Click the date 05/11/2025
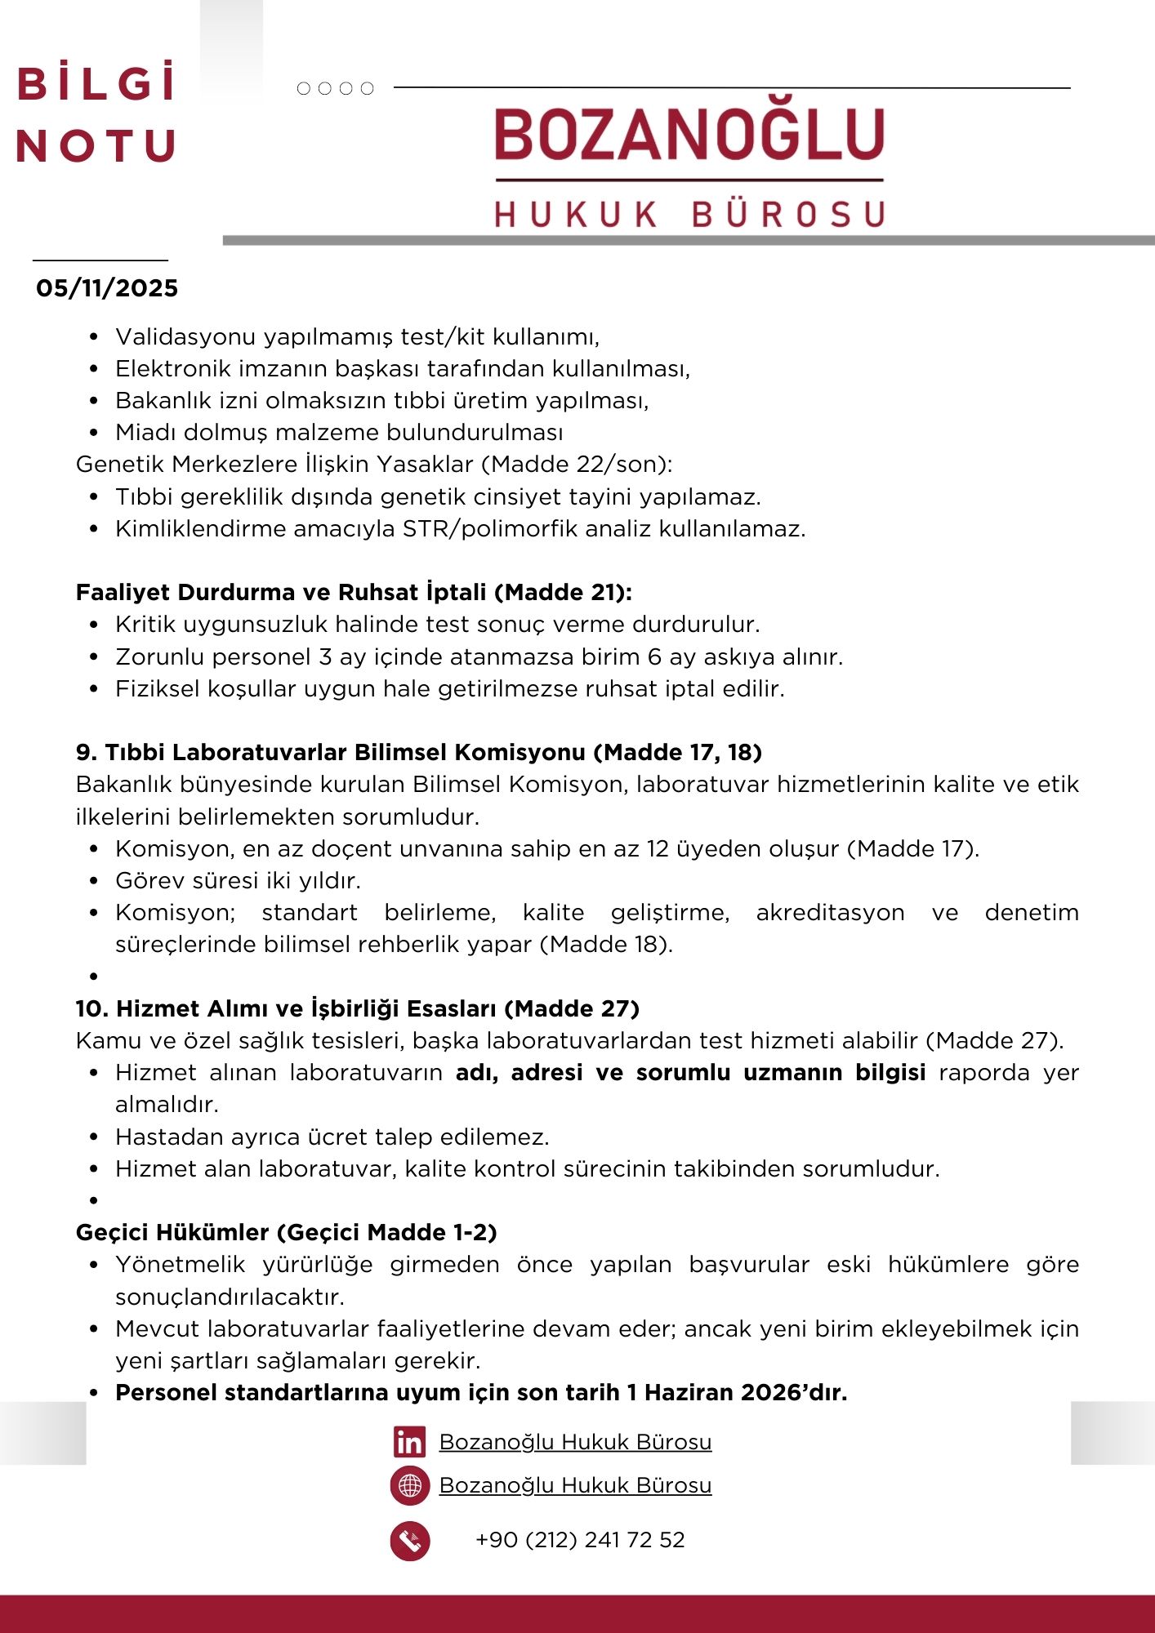click(x=107, y=288)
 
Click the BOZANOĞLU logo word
click(x=689, y=135)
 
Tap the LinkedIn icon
click(x=409, y=1443)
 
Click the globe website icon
click(x=410, y=1486)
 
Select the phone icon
click(x=410, y=1541)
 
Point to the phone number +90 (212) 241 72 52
click(x=580, y=1540)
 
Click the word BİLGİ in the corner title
click(x=96, y=84)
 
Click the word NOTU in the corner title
click(x=96, y=146)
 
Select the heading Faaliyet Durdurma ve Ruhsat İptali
click(x=354, y=592)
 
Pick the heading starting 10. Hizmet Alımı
click(x=357, y=1008)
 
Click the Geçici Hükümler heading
click(x=286, y=1232)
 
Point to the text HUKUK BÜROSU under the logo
click(x=689, y=214)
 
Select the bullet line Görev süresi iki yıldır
click(x=238, y=880)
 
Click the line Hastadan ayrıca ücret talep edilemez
click(x=332, y=1137)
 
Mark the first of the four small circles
click(x=304, y=88)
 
